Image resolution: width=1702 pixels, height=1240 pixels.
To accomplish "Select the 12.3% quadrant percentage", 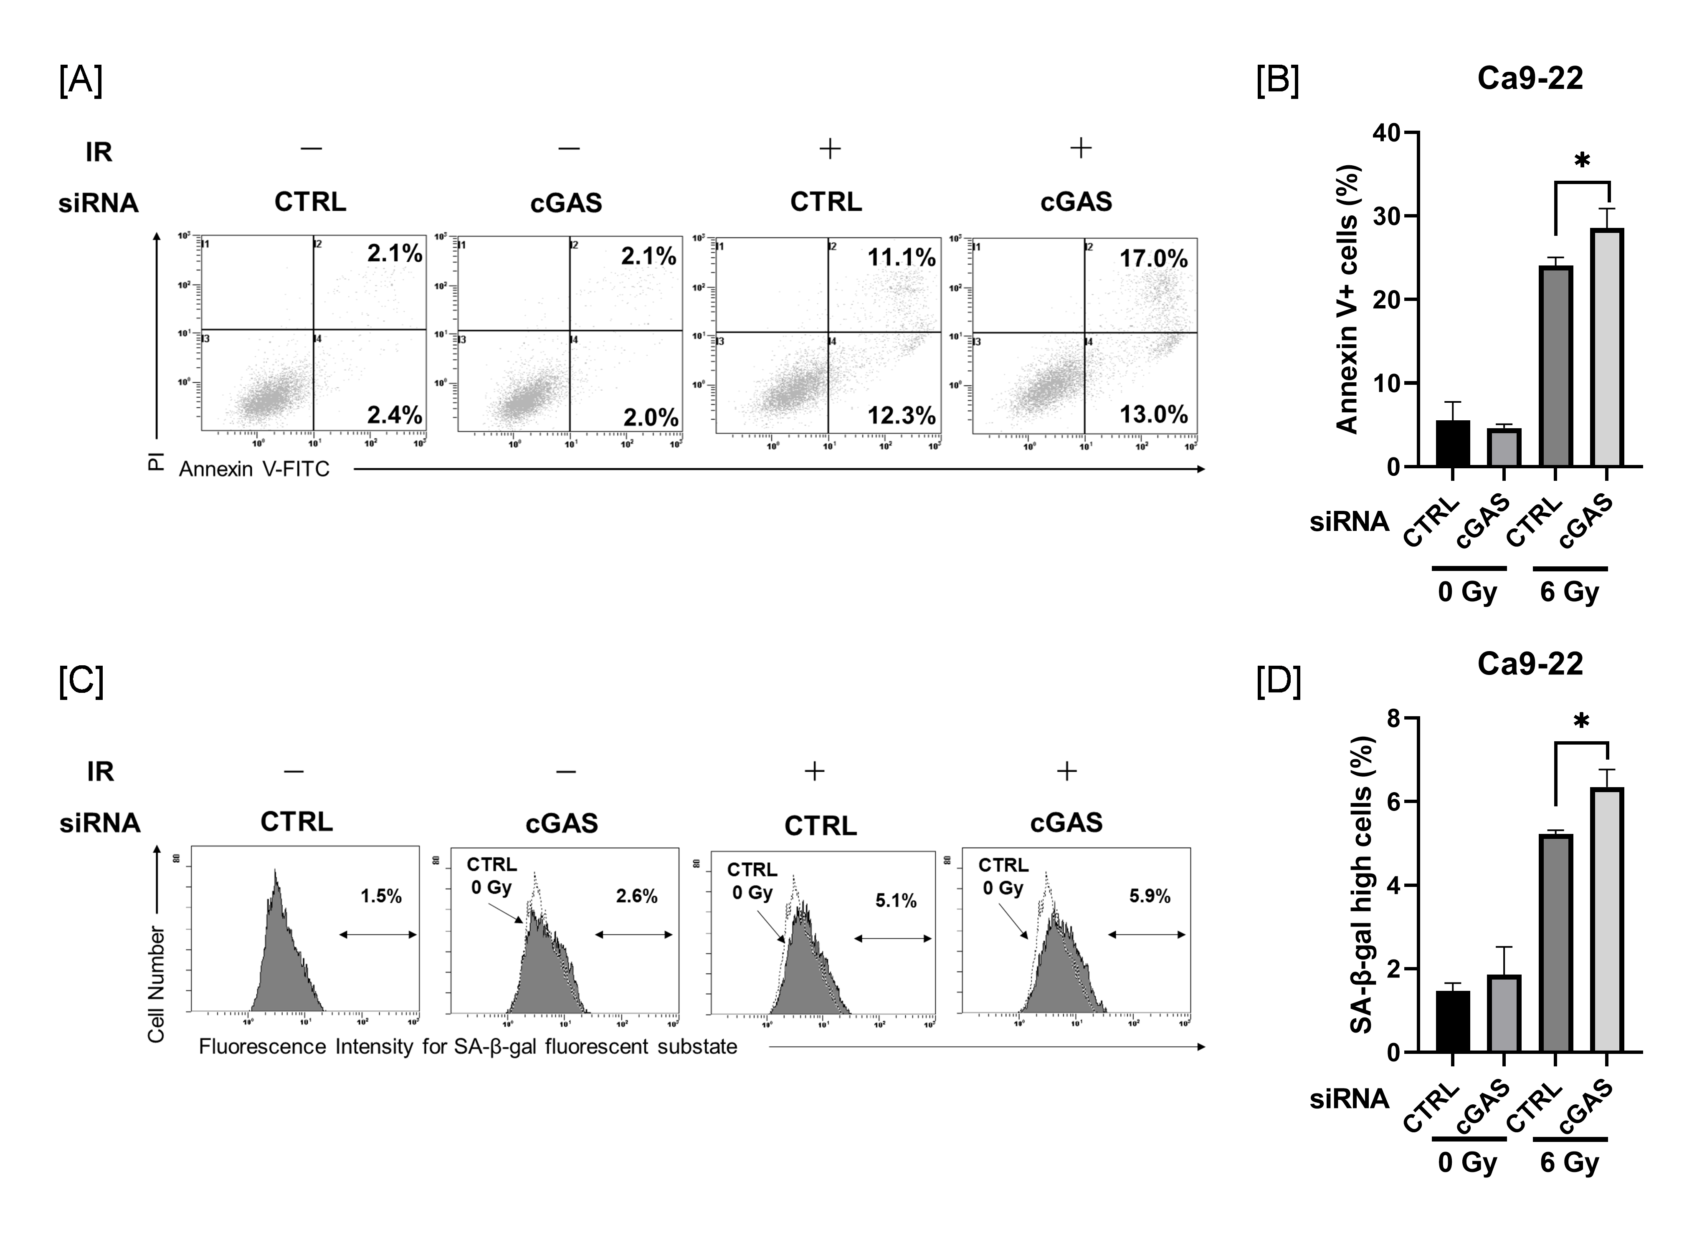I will [x=901, y=416].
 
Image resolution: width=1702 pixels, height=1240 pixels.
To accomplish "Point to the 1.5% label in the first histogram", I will [x=381, y=896].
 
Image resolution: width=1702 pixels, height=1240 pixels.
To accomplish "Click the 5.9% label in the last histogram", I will [x=1150, y=896].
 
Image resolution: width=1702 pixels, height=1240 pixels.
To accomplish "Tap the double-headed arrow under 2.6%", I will [x=634, y=934].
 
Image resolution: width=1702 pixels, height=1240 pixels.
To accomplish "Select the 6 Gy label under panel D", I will [x=1569, y=1163].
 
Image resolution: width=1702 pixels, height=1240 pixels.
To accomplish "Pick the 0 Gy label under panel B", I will [x=1467, y=592].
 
